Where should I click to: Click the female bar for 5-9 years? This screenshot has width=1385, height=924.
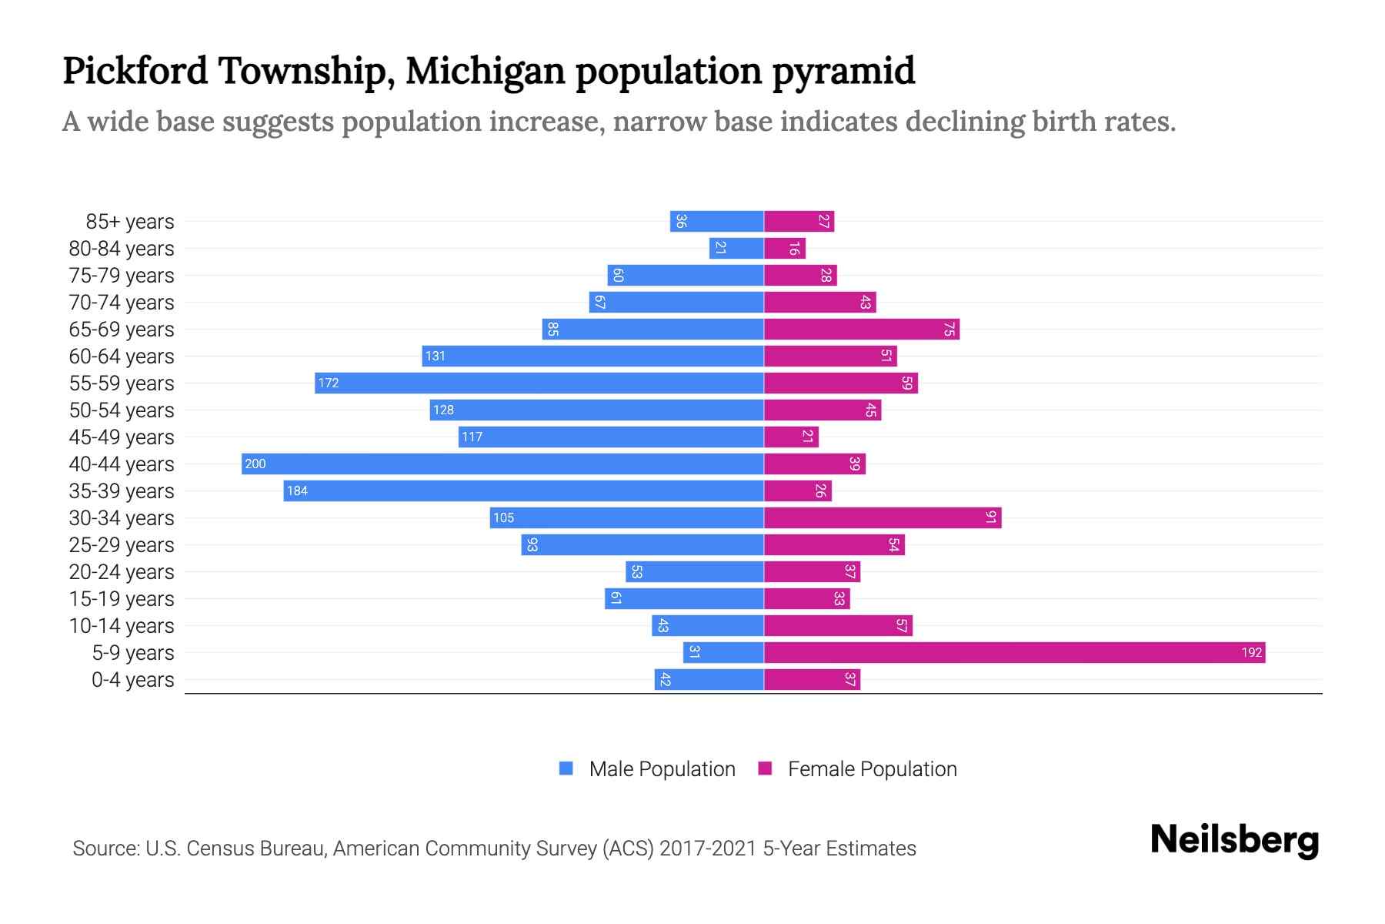(1014, 652)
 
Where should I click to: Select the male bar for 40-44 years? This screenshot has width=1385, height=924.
(502, 464)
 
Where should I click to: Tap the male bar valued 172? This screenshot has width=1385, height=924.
(539, 383)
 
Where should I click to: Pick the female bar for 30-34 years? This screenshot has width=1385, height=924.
(883, 517)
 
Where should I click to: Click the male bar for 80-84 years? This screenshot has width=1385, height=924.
(736, 248)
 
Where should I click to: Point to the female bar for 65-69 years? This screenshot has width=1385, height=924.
(862, 329)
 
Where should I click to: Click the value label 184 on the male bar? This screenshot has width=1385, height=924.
(297, 490)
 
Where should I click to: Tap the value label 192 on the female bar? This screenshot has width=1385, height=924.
(1251, 652)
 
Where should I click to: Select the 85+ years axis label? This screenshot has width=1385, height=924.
(129, 222)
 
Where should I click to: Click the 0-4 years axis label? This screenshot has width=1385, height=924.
(132, 680)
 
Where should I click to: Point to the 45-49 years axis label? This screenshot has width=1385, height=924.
(122, 437)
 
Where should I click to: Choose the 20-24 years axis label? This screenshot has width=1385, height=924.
(122, 572)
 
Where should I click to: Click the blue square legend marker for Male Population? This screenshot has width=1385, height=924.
(566, 768)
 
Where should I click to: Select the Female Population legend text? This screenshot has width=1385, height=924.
(872, 769)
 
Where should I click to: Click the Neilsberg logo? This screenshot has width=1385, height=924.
(1234, 839)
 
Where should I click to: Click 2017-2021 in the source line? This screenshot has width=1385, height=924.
(708, 849)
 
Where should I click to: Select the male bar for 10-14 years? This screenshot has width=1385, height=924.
(708, 625)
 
